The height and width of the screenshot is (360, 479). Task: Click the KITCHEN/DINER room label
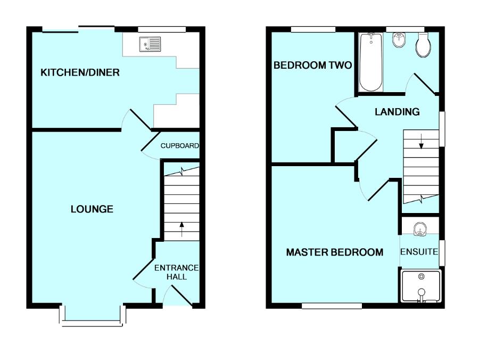(x=80, y=72)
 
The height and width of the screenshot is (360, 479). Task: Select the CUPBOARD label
(x=180, y=146)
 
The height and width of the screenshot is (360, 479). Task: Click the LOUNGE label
(x=92, y=209)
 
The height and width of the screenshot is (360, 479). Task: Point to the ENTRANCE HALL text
(x=176, y=272)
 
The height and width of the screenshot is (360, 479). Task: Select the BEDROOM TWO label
(x=312, y=66)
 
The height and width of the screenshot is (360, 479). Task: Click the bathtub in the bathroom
(x=370, y=62)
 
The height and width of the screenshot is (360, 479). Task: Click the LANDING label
(x=397, y=112)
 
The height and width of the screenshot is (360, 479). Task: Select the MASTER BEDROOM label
(x=334, y=252)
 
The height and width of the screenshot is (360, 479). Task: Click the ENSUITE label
(x=419, y=251)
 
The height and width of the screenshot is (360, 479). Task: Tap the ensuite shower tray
(x=420, y=287)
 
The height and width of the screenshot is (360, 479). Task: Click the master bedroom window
(x=332, y=306)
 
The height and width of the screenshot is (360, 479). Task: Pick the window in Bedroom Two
(x=313, y=29)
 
